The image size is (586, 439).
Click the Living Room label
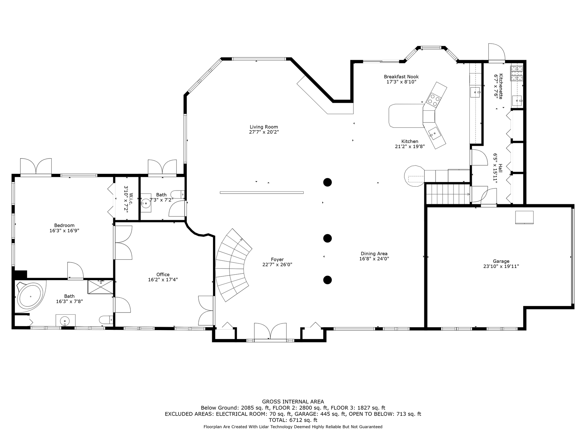(264, 127)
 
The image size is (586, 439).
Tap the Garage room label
(501, 261)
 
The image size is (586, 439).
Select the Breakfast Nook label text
(401, 77)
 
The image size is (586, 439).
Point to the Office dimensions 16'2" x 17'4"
(163, 280)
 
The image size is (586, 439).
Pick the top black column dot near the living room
(327, 182)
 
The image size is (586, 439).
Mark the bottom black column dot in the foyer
(327, 280)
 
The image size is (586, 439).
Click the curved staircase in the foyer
(233, 265)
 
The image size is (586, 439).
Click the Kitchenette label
(501, 86)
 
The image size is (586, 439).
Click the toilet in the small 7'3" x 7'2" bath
(177, 194)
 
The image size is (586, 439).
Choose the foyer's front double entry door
(270, 332)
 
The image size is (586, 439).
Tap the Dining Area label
(374, 254)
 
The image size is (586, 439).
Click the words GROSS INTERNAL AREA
(293, 402)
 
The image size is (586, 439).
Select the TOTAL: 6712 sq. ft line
(293, 420)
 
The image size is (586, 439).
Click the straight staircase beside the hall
(448, 194)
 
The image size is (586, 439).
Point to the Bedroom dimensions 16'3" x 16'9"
(64, 231)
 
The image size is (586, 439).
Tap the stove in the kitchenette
(517, 73)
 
